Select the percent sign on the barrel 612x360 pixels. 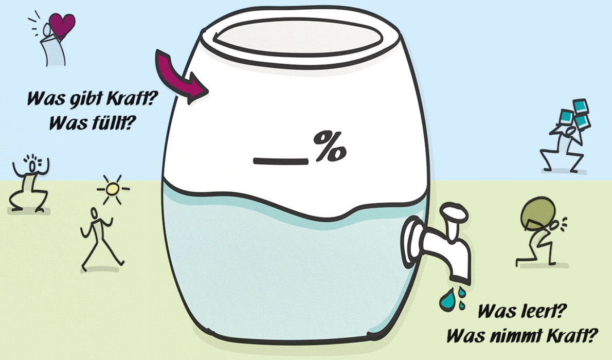(330, 147)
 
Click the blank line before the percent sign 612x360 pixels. (281, 161)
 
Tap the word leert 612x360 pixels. (544, 311)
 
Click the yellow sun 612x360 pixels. (113, 189)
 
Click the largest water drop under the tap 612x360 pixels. (446, 299)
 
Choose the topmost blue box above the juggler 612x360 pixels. (581, 105)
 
